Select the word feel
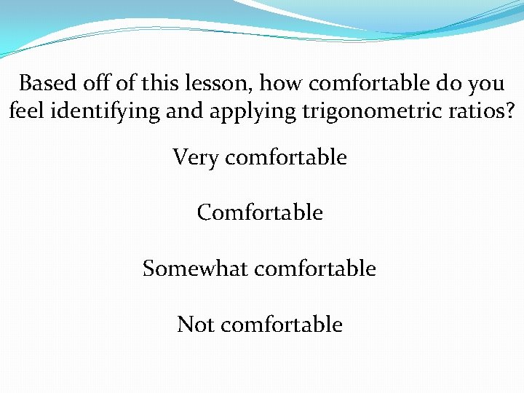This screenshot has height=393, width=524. [25, 111]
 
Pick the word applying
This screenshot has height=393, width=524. [238, 112]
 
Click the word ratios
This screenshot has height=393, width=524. [467, 111]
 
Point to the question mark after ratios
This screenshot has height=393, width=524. [508, 111]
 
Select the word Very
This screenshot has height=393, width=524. [195, 157]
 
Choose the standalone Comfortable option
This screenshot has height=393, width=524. [260, 213]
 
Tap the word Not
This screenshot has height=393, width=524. [195, 324]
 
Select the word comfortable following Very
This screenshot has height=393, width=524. [286, 157]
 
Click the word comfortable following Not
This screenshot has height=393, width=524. [281, 324]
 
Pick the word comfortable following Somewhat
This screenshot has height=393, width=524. [314, 269]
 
